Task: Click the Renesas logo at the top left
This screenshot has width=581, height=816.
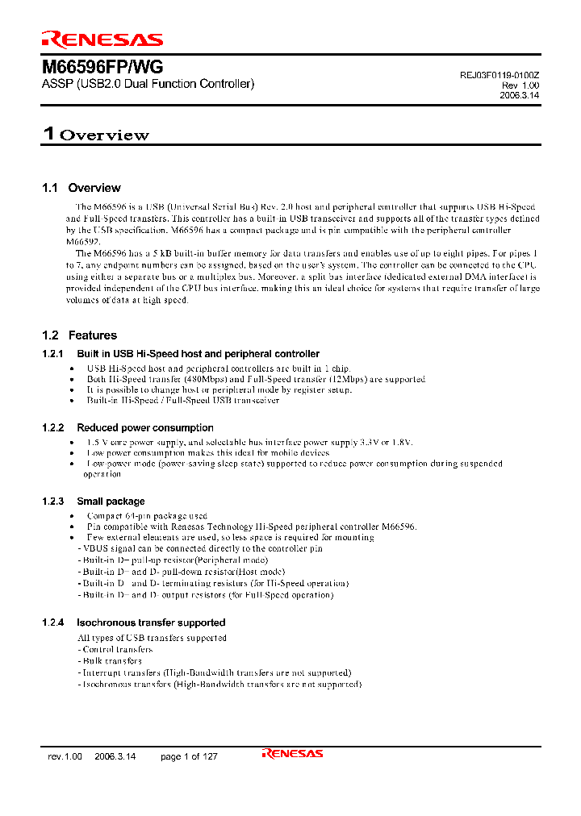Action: tap(102, 39)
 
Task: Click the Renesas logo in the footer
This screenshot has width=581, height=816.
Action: tap(292, 754)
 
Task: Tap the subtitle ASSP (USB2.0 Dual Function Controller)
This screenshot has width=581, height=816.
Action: tap(148, 84)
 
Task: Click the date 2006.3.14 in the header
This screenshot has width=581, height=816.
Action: tap(520, 94)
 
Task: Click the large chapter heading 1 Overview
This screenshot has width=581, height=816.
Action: tap(96, 135)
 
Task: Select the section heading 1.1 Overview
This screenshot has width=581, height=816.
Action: tap(82, 188)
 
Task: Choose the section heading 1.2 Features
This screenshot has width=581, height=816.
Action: tap(79, 335)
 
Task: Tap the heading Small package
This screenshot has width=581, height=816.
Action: tap(111, 502)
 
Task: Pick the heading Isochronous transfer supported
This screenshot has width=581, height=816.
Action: tap(151, 622)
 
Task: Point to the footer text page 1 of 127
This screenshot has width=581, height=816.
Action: tap(189, 756)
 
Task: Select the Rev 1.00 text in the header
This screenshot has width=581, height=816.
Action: tap(520, 85)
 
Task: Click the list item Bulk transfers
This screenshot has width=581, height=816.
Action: tap(111, 660)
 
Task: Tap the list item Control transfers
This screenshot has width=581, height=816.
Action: tap(116, 649)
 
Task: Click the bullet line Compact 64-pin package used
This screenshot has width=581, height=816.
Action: tap(147, 515)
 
